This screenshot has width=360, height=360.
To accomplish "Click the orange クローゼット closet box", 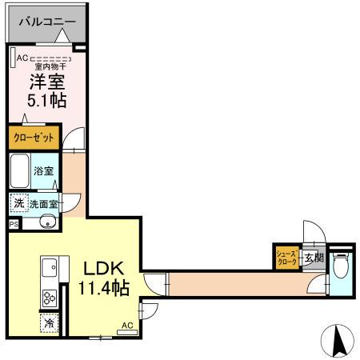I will click(34, 138).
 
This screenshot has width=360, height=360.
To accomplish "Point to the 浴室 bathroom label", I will click(44, 171).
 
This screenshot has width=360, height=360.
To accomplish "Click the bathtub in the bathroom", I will click(21, 170).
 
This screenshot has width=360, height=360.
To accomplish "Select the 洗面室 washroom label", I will click(44, 204).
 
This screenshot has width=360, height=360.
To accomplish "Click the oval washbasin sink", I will click(45, 222).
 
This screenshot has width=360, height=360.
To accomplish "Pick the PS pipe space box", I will click(13, 225).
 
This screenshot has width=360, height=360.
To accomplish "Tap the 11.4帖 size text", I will click(101, 288).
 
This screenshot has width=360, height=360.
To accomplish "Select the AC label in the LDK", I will click(126, 326).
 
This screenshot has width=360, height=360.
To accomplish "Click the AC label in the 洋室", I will click(22, 57).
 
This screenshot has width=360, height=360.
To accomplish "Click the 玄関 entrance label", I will click(314, 258).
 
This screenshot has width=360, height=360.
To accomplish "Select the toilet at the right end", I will click(342, 263).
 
